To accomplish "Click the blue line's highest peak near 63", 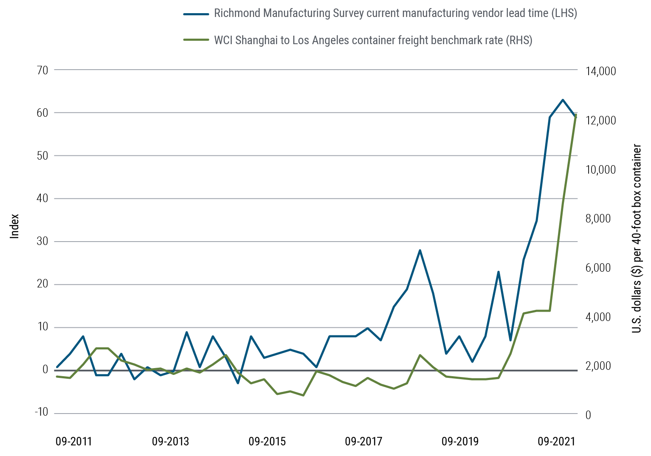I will click(563, 100).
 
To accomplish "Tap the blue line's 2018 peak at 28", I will click(420, 251).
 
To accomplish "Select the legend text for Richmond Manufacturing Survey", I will click(395, 13).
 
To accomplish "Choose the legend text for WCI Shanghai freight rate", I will click(373, 40).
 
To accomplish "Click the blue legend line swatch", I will click(196, 14).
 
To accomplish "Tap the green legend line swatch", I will click(196, 40).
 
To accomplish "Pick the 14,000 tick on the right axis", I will click(600, 71).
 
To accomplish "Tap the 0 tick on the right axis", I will click(588, 415).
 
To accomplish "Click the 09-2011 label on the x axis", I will click(73, 442).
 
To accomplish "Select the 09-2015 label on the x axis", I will click(267, 442).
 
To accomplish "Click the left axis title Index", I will click(15, 225).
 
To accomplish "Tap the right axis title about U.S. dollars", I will click(637, 238).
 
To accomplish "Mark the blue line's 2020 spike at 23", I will click(499, 272).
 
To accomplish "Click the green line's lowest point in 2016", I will click(303, 395).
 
